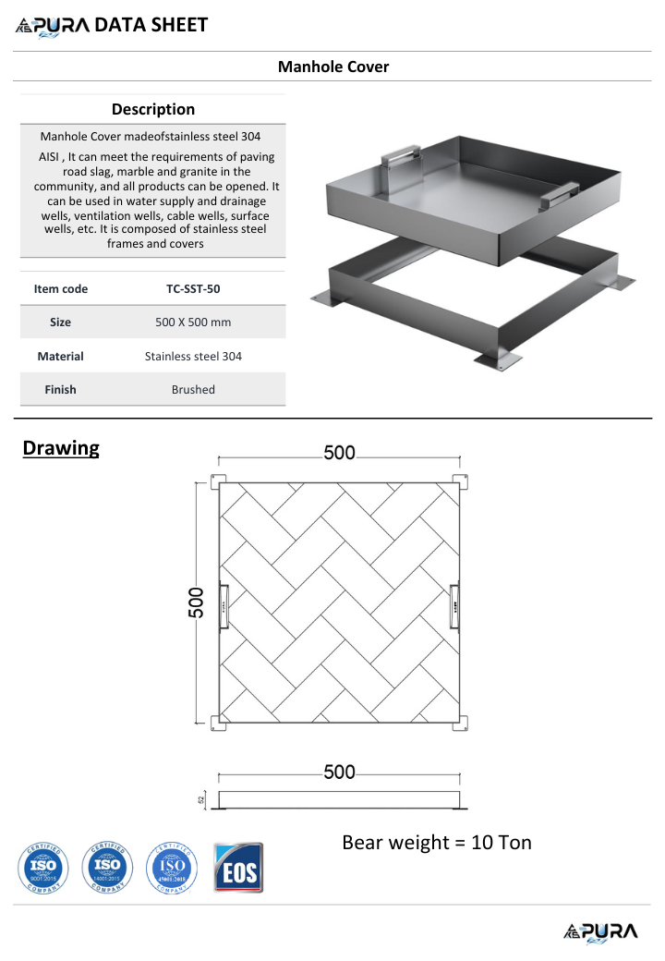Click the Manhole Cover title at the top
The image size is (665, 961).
point(333,67)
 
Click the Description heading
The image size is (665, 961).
point(153,109)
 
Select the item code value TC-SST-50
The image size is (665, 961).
point(193,288)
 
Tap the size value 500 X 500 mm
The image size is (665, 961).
point(193,322)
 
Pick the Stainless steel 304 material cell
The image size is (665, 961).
point(193,356)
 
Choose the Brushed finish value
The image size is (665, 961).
point(193,389)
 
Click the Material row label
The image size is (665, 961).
point(60,356)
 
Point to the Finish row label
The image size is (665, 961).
point(60,389)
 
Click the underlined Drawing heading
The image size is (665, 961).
point(61,448)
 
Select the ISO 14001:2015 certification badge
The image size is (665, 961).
point(107,868)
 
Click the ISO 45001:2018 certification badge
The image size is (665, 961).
point(173,868)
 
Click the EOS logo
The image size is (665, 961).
point(238,868)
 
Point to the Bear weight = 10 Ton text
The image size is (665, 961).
point(437,842)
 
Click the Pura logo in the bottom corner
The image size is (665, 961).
point(599,931)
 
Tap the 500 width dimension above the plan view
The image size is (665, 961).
point(339,453)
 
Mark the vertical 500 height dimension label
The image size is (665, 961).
point(197,604)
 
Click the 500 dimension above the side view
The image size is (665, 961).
point(339,772)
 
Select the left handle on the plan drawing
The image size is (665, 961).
point(223,606)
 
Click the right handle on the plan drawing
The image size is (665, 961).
point(454,606)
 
